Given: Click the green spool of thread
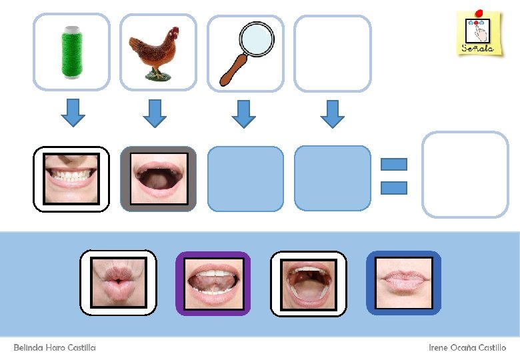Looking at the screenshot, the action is (x=71, y=51).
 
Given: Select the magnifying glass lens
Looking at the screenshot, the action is (x=257, y=39).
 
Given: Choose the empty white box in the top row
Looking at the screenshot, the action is (x=332, y=53).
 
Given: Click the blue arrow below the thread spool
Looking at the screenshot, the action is (x=73, y=113).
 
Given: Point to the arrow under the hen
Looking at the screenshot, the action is (x=155, y=113).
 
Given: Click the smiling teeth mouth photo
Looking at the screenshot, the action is (x=71, y=179).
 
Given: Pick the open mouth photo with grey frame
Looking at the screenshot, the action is (x=158, y=179).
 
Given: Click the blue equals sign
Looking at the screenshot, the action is (x=393, y=176).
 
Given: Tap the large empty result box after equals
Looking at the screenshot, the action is (x=465, y=175).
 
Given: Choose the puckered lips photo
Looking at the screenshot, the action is (x=118, y=283).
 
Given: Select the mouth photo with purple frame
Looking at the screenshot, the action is (x=213, y=283).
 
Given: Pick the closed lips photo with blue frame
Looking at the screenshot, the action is (x=403, y=283).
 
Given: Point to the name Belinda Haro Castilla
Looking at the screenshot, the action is (x=55, y=348).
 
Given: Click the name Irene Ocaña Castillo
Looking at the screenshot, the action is (x=467, y=348).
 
